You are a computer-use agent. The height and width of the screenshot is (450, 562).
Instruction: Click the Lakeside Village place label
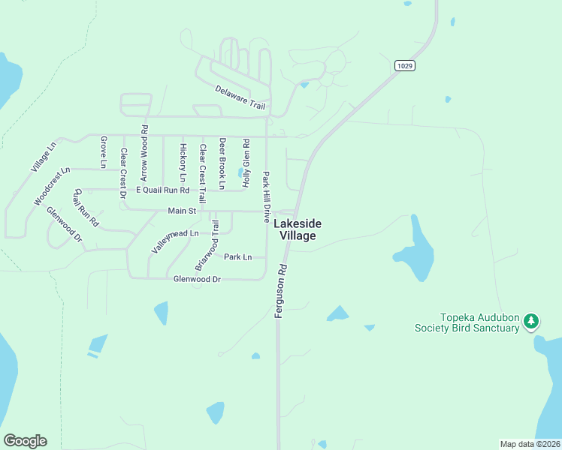point(298,229)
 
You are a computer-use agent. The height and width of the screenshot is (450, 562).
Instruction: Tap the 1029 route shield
point(404,66)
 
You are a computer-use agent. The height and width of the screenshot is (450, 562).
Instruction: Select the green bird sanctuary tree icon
point(532,321)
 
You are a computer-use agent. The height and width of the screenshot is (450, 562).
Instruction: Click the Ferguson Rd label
point(282,291)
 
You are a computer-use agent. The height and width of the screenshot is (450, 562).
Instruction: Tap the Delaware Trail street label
point(240,98)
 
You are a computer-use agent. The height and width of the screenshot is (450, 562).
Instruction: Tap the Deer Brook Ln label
point(222,163)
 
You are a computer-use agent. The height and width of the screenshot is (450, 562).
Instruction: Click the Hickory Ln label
point(183,163)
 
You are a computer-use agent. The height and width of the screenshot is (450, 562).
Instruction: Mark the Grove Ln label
point(104,152)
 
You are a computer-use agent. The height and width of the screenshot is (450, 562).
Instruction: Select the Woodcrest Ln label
point(52,187)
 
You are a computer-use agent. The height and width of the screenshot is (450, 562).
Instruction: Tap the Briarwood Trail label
point(207,244)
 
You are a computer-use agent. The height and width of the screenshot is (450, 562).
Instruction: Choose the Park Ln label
point(237,257)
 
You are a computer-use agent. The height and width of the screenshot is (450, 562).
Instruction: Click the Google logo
point(25,441)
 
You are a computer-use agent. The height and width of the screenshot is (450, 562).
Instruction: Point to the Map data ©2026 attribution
point(529,444)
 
